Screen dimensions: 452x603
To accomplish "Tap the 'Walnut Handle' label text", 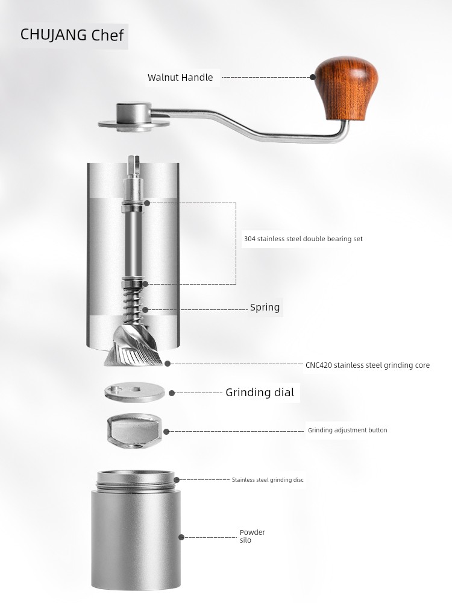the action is coord(180,77).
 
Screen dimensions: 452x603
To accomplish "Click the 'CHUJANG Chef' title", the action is coord(72,35).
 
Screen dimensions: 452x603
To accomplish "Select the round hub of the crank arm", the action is coord(134,116).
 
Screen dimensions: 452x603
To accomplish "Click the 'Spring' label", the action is coord(265,308).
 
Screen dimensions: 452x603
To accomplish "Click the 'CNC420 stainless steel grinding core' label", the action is coord(368,365).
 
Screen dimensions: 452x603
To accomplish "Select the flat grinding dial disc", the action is coord(134,393).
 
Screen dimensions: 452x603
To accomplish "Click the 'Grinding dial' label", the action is coord(259,393).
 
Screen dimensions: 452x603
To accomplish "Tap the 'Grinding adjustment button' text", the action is coord(348,430).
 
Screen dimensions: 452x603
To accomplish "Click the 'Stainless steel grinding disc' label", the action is coord(268,480).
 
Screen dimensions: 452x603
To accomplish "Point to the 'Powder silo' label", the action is coord(252,536).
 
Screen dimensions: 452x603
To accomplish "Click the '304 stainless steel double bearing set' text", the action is coord(303,239).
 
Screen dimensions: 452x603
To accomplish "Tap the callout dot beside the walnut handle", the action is coord(313,77).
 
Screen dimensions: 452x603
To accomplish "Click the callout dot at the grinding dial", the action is coord(172,393).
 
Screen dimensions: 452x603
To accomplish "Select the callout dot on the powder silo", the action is coord(181,537).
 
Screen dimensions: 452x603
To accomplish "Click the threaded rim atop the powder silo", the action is coord(136,481).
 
